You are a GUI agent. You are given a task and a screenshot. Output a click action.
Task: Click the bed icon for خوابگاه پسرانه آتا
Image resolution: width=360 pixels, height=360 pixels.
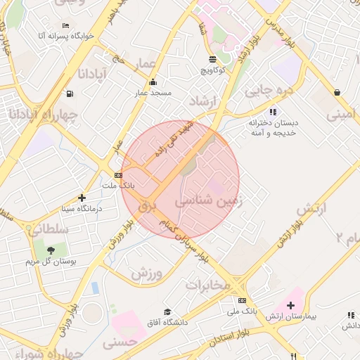tap(65, 26)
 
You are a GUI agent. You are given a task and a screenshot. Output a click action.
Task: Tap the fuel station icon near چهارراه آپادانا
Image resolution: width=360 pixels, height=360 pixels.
tap(69, 94)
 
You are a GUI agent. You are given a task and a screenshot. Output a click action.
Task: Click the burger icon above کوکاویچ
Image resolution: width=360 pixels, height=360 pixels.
tap(213, 59)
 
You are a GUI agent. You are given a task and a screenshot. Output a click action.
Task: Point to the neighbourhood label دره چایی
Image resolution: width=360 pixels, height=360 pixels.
tap(267, 90)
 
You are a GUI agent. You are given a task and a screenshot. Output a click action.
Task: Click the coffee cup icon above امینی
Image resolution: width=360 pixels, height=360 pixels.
tap(338, 92)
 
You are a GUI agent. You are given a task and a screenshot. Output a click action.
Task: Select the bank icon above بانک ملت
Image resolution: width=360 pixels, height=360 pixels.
tap(117, 175)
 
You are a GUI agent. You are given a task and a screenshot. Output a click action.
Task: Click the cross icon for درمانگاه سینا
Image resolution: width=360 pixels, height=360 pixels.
tap(82, 198)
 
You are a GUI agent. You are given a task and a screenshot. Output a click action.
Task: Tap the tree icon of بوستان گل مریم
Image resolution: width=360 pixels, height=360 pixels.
tap(51, 249)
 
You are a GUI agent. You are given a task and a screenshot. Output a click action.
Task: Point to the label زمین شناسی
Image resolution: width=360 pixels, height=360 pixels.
tap(208, 200)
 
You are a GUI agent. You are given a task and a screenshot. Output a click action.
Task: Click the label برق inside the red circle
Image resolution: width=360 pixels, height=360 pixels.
tap(146, 206)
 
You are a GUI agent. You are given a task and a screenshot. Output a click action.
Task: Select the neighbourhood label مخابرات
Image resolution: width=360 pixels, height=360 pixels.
tap(207, 285)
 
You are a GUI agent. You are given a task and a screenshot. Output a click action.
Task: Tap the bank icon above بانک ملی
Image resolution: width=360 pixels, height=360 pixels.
tap(243, 300)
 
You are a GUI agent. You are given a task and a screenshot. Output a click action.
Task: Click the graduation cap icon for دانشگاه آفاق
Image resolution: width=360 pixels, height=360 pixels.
tap(167, 312)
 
